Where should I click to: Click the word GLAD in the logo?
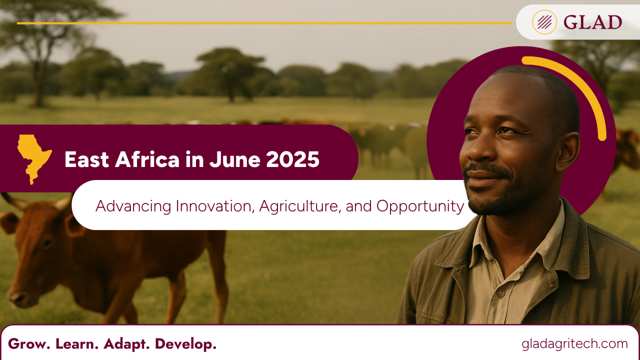click(592, 22)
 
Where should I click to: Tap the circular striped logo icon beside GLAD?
click(544, 22)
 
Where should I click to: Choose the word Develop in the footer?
click(185, 344)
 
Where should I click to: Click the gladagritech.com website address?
click(574, 344)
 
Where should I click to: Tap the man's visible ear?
click(567, 151)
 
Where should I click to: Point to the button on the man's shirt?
click(500, 293)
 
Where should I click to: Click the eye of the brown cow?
click(46, 243)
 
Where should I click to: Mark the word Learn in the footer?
click(77, 344)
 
